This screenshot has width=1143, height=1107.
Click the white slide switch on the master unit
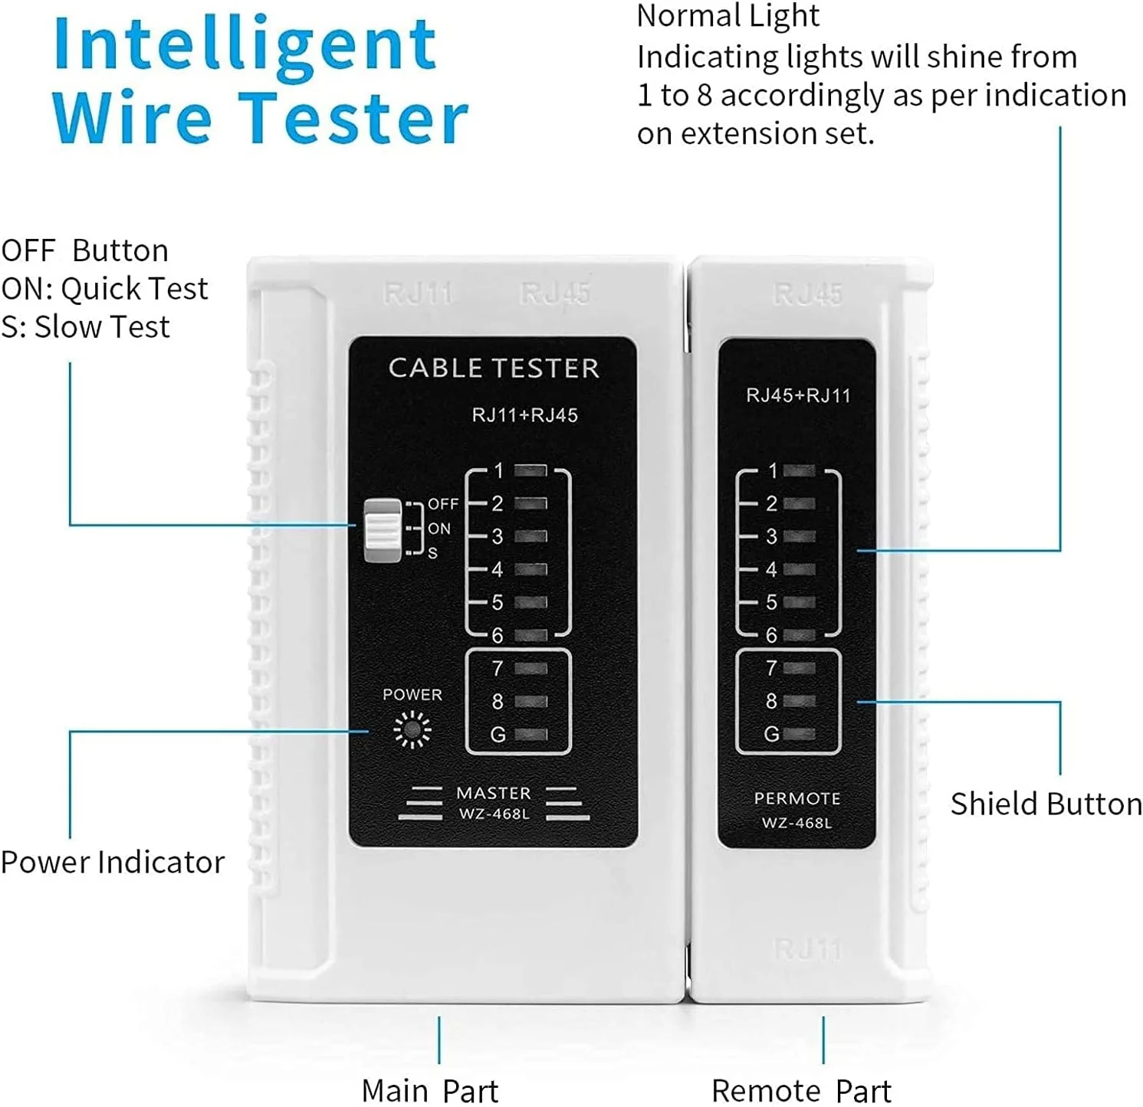[383, 530]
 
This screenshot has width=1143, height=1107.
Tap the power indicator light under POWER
[412, 729]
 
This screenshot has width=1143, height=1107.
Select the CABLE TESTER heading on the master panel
[494, 368]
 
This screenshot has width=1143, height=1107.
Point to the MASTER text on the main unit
[494, 794]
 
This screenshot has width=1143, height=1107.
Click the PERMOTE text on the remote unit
[797, 799]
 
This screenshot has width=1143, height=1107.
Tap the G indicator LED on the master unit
[531, 735]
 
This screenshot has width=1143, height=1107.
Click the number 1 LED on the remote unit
[800, 470]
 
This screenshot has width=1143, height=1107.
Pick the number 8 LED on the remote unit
[800, 701]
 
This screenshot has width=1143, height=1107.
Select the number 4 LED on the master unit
[531, 570]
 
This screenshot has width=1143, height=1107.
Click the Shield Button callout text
[1046, 804]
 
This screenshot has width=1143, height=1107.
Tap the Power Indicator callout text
[113, 863]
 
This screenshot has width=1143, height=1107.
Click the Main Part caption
[430, 1091]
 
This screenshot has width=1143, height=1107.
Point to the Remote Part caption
[802, 1091]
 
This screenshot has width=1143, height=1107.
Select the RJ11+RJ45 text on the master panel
[525, 415]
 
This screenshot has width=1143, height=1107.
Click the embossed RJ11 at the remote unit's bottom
[808, 950]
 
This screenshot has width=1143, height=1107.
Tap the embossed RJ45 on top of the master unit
[555, 293]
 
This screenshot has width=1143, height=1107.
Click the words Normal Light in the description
[728, 16]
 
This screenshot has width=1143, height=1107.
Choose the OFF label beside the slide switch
[443, 504]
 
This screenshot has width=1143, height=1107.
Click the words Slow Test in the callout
[102, 327]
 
